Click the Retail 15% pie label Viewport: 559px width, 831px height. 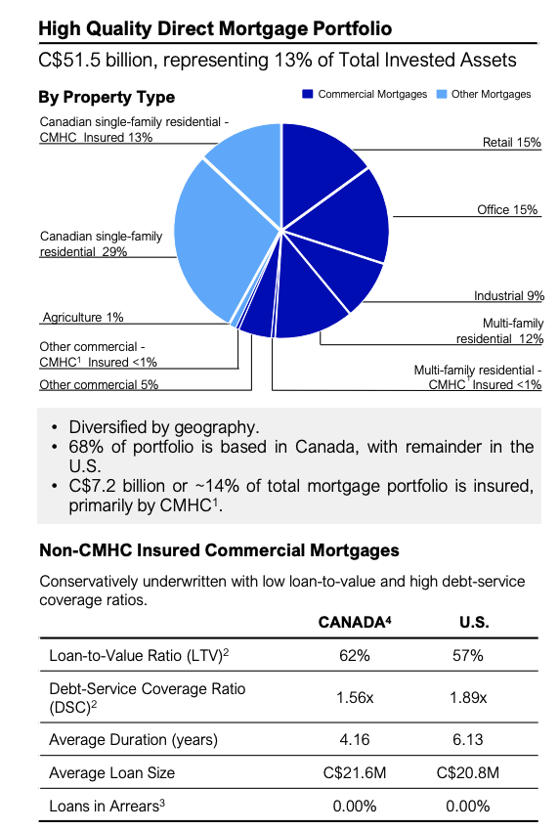(511, 143)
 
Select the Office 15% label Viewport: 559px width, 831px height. (508, 210)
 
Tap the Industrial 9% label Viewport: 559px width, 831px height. (508, 295)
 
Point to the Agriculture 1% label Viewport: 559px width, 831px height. (82, 318)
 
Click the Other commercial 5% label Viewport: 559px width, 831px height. (99, 384)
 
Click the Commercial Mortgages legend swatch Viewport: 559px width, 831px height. (308, 95)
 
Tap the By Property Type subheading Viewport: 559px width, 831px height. (107, 97)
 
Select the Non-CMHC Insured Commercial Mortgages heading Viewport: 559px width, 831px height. (219, 552)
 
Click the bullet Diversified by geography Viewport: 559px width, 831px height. (163, 427)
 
